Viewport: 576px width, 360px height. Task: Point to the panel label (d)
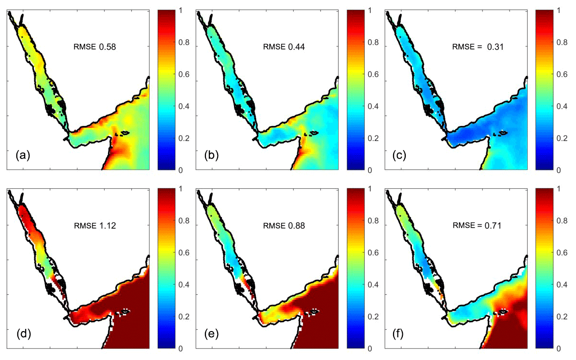coord(24,333)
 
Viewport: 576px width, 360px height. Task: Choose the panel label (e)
coord(213,333)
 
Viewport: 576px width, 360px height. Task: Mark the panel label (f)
coord(402,333)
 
